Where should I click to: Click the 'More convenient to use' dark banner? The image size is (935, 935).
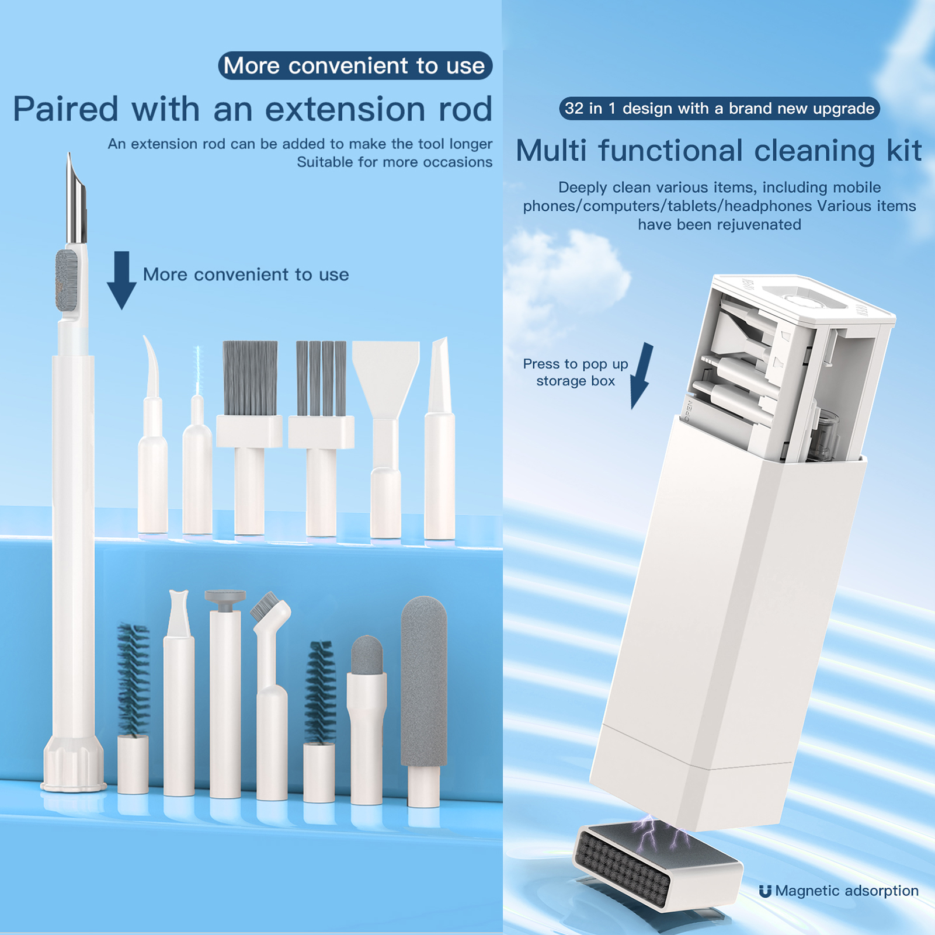pyautogui.click(x=355, y=65)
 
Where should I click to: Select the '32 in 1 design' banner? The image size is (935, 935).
pyautogui.click(x=720, y=109)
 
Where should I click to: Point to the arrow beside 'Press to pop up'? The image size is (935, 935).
pyautogui.click(x=641, y=376)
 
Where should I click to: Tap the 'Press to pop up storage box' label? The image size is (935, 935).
pyautogui.click(x=575, y=372)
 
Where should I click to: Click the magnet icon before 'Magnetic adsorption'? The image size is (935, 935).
pyautogui.click(x=765, y=891)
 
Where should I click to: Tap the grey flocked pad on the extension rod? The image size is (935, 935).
pyautogui.click(x=67, y=280)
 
